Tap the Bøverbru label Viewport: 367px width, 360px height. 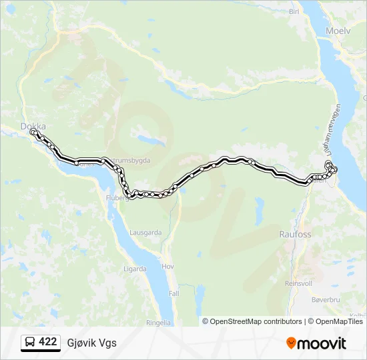325,300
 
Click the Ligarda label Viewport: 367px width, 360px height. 135,269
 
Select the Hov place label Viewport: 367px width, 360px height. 168,266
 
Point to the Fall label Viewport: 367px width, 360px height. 173,293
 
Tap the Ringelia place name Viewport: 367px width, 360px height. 159,322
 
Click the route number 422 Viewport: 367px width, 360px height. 48,342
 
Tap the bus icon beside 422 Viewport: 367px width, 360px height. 30,342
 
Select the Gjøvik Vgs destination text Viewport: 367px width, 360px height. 91,343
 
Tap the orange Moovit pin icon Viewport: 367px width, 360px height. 291,343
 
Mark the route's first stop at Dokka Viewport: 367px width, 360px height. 33,132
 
